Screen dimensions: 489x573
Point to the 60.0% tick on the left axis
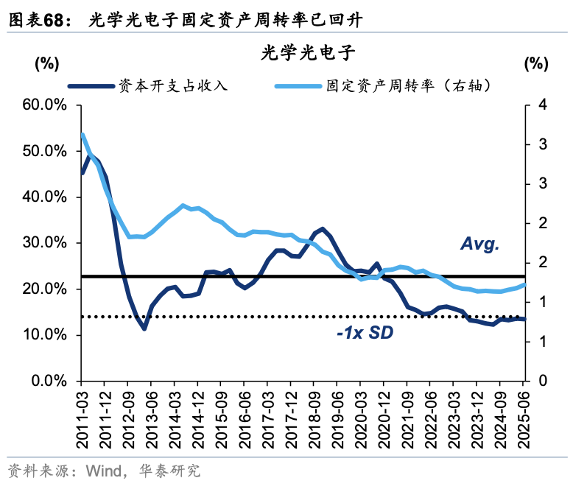(46, 105)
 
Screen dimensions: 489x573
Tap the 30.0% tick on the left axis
(46, 243)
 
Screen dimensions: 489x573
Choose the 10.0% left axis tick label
(46, 335)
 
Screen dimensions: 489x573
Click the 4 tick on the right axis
(543, 105)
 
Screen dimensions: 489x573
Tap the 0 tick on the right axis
(543, 381)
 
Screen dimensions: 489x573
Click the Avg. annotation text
(479, 245)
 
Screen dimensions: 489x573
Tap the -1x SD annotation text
(365, 334)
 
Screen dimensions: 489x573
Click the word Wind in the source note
(104, 471)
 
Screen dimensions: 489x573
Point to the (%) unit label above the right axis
(535, 63)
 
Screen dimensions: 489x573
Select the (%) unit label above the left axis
(46, 63)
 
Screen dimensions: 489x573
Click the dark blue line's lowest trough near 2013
(144, 328)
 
